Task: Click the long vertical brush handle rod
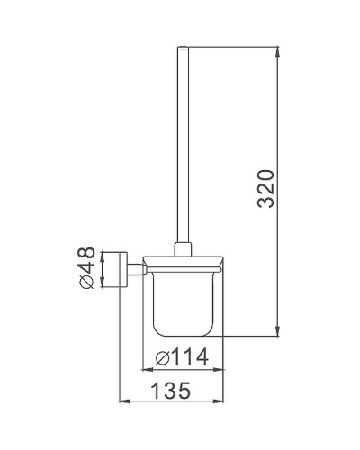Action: click(x=184, y=144)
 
